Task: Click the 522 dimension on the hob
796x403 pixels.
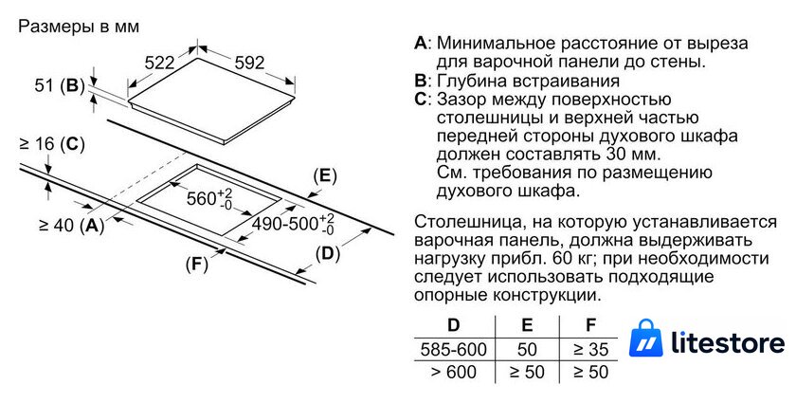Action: click(159, 63)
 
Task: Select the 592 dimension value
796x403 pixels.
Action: click(250, 63)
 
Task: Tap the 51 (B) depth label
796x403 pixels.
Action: click(60, 85)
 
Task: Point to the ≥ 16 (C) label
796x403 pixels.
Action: click(52, 144)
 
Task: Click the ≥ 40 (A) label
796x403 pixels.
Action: click(72, 225)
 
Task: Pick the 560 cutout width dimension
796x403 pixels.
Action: click(209, 198)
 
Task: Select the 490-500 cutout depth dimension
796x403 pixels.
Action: click(294, 224)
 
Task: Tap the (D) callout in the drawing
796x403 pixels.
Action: click(328, 253)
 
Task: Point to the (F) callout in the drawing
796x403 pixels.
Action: click(196, 265)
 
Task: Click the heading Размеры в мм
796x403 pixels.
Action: click(79, 27)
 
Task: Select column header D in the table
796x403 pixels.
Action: click(453, 324)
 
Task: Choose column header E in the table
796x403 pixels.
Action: click(527, 324)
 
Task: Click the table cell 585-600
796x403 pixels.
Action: click(453, 349)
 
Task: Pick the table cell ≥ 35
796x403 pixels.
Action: click(591, 349)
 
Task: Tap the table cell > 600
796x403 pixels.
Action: click(453, 372)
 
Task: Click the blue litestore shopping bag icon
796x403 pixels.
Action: click(645, 338)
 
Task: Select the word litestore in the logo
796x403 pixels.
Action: click(728, 342)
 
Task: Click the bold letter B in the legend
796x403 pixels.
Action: click(421, 81)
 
